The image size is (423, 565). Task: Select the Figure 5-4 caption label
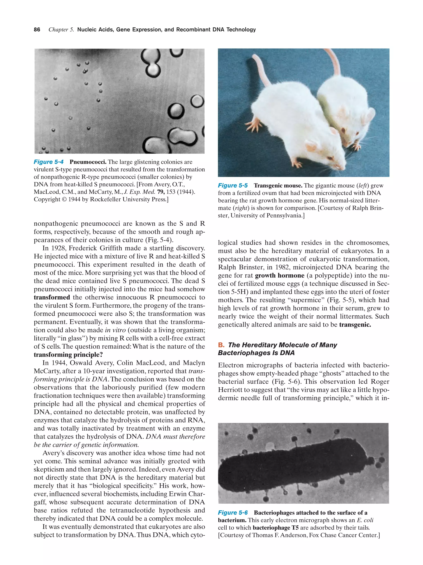click(49, 162)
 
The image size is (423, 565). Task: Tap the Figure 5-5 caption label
click(233, 186)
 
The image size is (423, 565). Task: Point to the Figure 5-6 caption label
click(233, 513)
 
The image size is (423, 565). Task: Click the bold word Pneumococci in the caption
click(88, 162)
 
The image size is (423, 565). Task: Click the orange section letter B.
click(221, 345)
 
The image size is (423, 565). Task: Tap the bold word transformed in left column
click(52, 297)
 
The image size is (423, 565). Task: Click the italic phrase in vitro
click(115, 330)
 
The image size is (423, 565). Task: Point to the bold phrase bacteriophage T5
click(275, 527)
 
